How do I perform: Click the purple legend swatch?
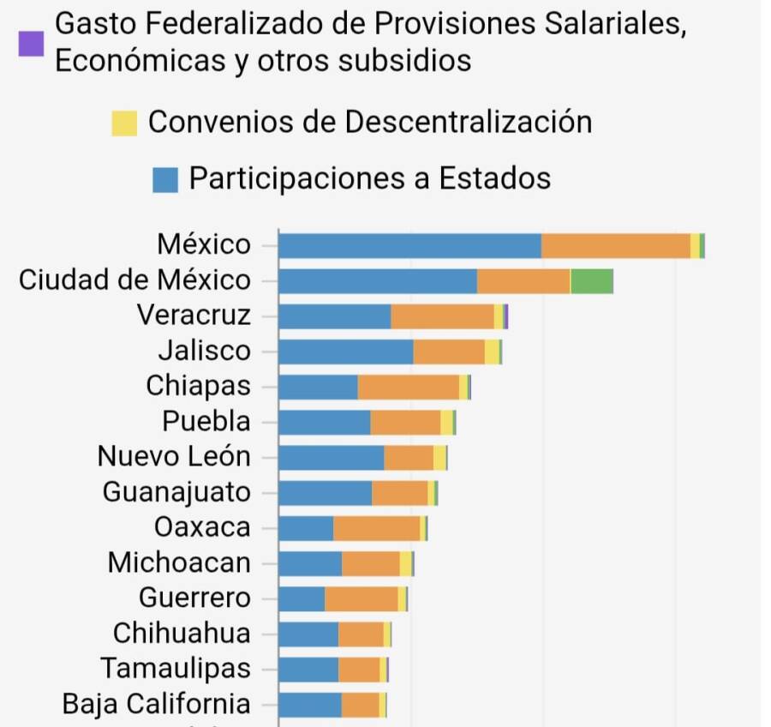tap(31, 44)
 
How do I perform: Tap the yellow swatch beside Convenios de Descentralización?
tap(124, 123)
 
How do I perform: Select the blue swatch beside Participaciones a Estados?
tap(165, 180)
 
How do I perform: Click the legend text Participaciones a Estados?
tap(370, 178)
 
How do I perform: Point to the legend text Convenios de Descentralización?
tap(370, 122)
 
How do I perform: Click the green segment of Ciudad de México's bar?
tap(592, 281)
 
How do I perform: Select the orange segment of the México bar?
tap(616, 245)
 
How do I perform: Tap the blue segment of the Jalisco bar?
tap(346, 352)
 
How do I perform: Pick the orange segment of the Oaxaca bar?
tap(377, 529)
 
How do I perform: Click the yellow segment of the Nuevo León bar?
tap(439, 458)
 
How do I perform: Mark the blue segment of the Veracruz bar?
tap(335, 316)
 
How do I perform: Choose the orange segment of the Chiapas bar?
tap(409, 388)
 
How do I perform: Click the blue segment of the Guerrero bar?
tap(302, 599)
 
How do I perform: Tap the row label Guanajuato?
tap(177, 493)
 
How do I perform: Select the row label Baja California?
tap(157, 704)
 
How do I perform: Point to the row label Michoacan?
tap(180, 562)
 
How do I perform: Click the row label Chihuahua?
tap(182, 634)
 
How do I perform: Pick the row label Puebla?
tap(206, 422)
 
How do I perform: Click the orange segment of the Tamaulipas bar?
tap(359, 670)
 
